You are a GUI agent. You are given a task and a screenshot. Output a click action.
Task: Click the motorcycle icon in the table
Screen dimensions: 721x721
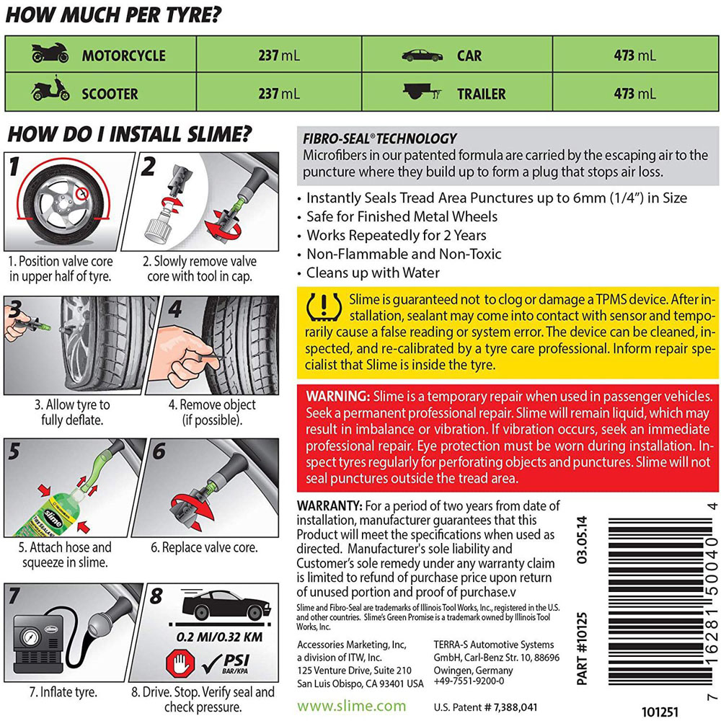50,54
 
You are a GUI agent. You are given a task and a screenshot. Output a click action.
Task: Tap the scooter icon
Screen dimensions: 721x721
50,92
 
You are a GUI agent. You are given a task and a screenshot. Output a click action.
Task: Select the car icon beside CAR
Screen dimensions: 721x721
422,55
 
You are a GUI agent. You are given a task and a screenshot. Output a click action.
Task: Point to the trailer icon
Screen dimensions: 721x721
422,93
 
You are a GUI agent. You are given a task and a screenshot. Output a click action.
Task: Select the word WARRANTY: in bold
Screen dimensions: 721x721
329,506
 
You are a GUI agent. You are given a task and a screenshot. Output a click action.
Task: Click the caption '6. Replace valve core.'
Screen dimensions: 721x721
204,547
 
